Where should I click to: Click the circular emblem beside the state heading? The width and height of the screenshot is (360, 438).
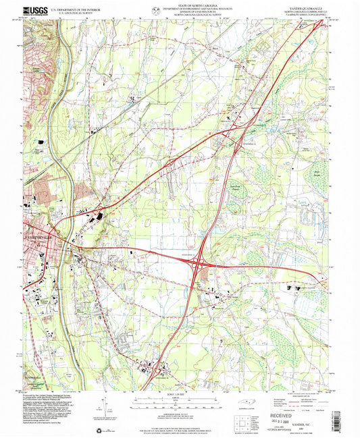click(157, 9)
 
